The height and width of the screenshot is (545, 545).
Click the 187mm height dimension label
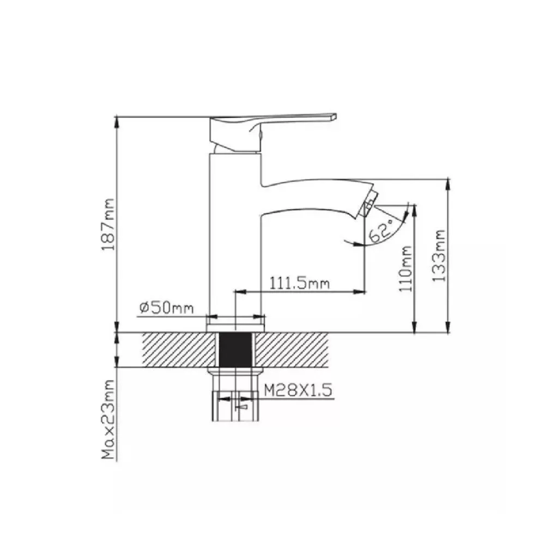coord(107,225)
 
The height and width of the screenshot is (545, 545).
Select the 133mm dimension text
coord(439,256)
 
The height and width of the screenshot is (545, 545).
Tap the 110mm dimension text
coord(405,269)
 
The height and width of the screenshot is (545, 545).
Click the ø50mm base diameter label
coord(166,307)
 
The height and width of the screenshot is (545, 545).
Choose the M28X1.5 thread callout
coord(297,390)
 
